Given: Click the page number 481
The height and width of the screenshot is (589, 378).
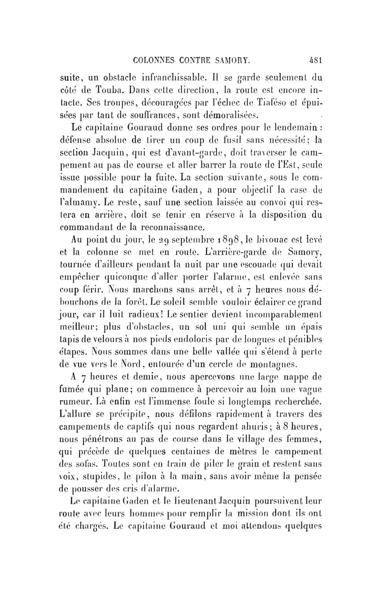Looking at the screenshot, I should tap(313, 60).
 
